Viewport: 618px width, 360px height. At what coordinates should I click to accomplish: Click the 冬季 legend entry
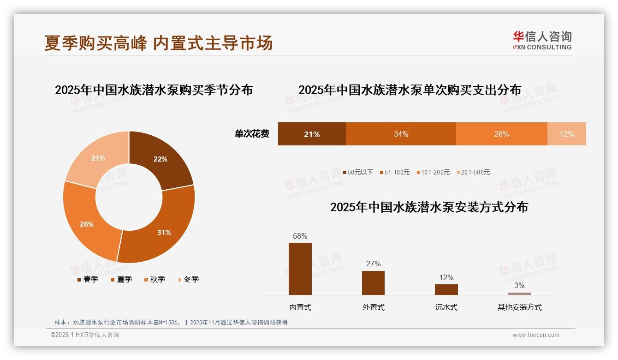pos(188,279)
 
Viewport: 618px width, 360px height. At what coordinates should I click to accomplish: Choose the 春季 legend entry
pos(88,279)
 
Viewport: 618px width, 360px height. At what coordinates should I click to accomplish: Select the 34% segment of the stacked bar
pos(401,134)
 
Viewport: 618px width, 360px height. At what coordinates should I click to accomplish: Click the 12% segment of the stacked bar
pos(566,134)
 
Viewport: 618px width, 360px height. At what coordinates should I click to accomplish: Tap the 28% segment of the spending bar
pos(501,134)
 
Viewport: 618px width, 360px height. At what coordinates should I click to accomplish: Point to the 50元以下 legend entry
pos(357,172)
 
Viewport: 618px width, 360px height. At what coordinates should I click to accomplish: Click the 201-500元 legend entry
pos(473,172)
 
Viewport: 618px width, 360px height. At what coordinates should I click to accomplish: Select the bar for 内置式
pos(300,269)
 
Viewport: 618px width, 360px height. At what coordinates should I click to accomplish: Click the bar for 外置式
pos(373,282)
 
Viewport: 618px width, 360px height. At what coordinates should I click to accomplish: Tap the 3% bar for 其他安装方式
pos(519,294)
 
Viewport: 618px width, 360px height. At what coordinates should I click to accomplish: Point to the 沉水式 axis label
pos(446,307)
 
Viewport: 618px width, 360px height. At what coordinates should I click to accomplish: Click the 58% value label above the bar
pos(300,236)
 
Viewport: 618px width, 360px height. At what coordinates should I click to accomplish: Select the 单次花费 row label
pos(252,134)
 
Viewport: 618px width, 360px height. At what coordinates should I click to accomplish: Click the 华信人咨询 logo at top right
pos(542,40)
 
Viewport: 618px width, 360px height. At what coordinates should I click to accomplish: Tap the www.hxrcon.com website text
pos(536,335)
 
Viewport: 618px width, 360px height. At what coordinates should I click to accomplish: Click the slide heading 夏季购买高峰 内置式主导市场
pos(159,43)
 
